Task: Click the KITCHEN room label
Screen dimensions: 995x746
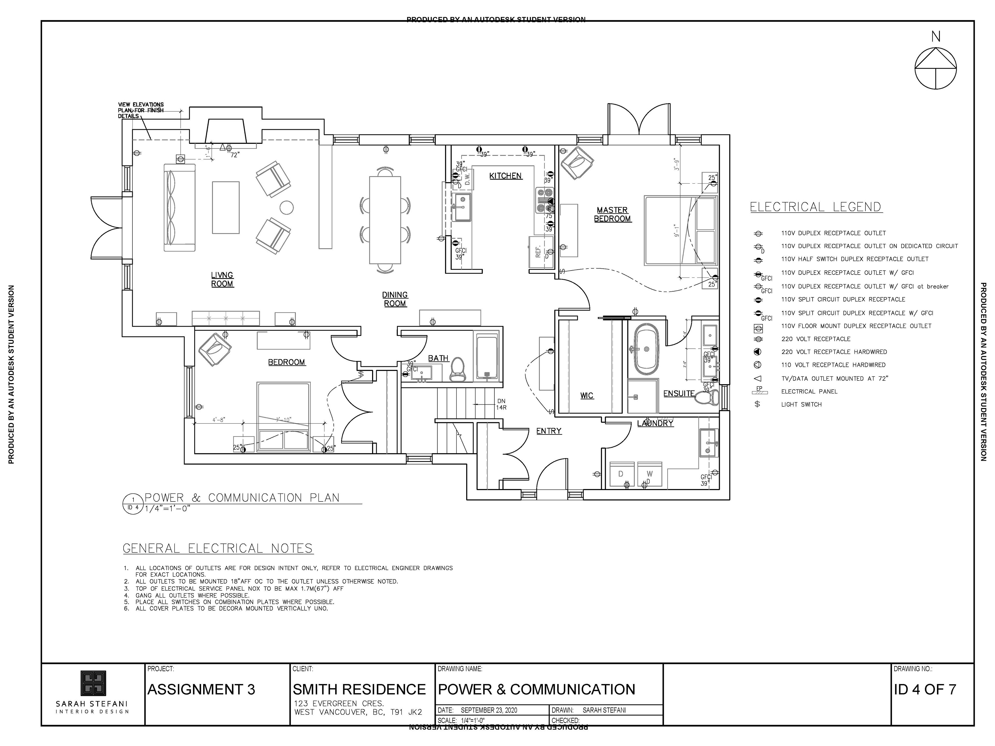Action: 505,176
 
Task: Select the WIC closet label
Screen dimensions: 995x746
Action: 587,396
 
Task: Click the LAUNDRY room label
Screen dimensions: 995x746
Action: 655,423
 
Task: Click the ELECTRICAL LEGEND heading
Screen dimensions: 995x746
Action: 815,207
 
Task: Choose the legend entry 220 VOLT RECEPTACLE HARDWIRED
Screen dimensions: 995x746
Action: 834,352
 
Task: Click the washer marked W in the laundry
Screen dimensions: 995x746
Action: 650,474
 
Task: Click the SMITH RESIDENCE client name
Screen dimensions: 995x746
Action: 359,689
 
